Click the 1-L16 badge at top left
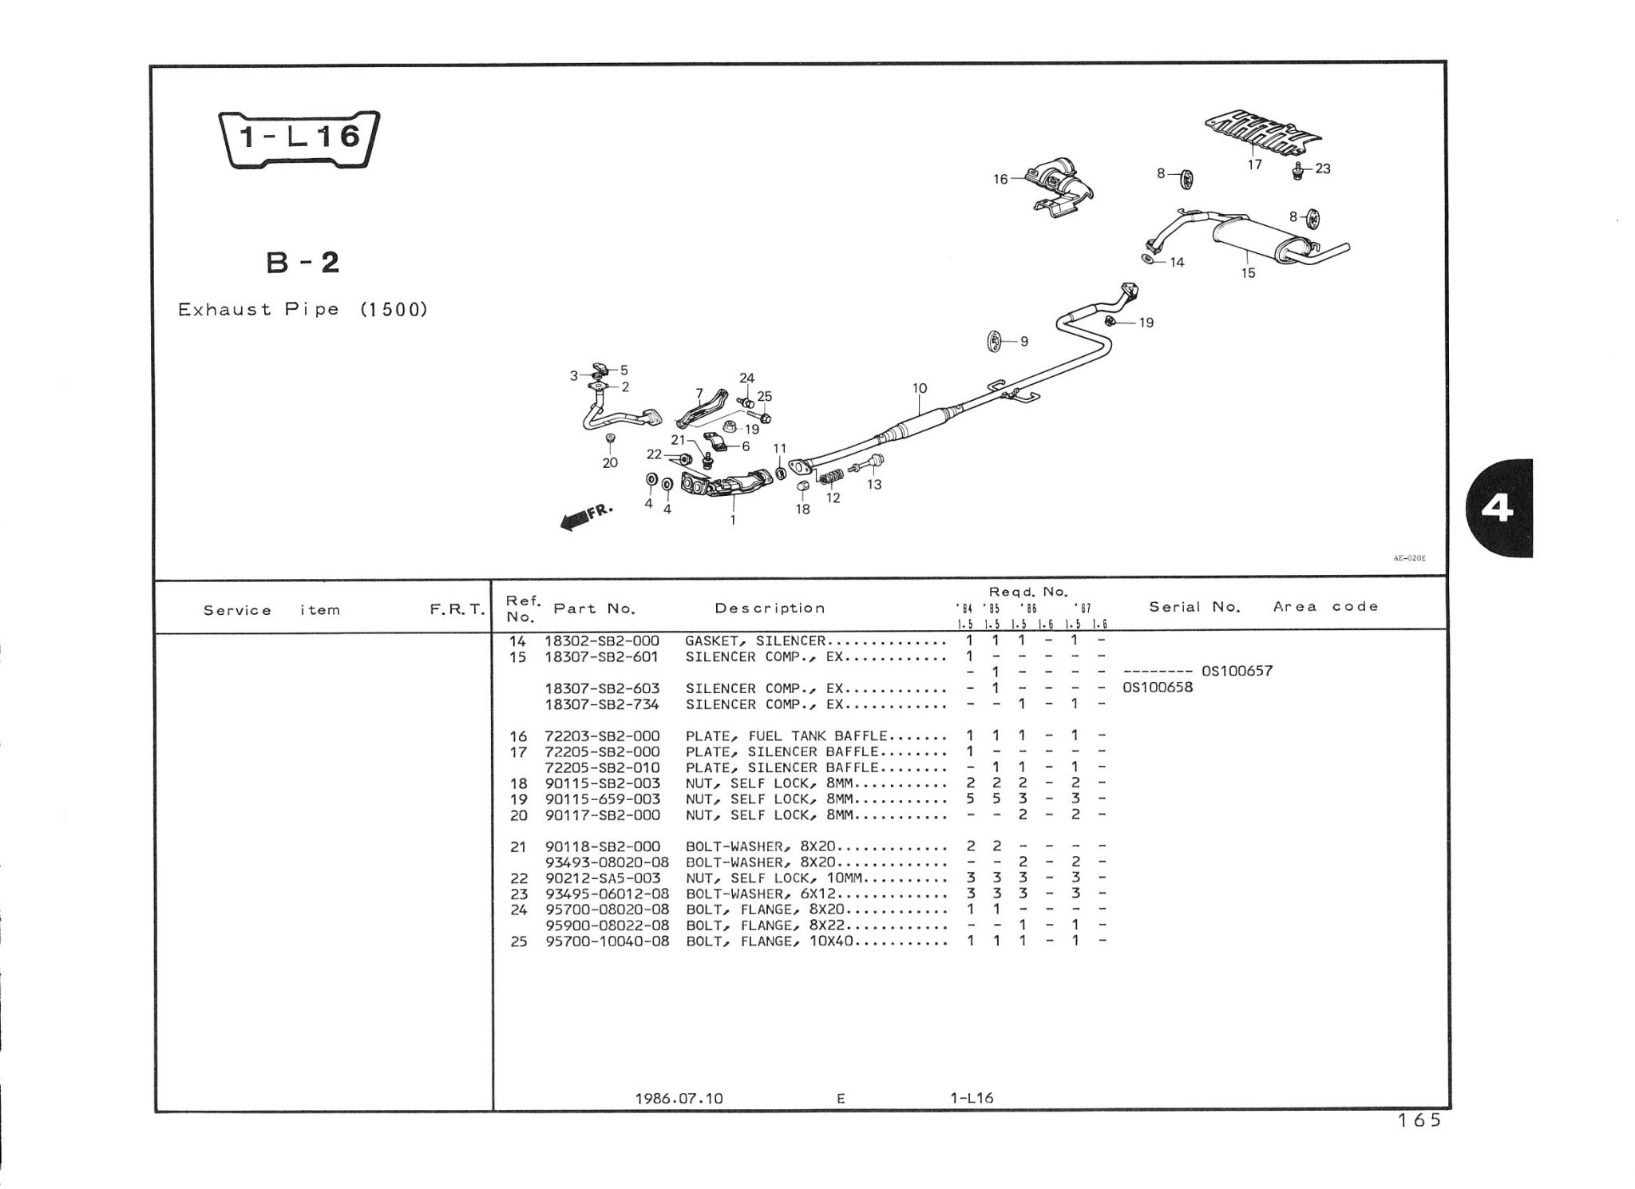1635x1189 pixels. point(299,139)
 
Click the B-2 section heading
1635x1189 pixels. point(303,263)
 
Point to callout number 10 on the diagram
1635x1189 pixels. point(920,389)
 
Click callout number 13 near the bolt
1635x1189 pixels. point(874,484)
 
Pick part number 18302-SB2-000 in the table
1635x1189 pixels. point(602,640)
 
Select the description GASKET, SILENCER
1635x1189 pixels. point(754,640)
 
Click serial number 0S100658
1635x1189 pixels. point(1158,687)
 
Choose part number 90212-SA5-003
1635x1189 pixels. point(603,878)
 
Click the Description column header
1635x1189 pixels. point(770,608)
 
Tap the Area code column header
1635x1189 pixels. point(1325,607)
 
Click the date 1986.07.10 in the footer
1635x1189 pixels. point(679,1098)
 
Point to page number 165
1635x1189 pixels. point(1419,1121)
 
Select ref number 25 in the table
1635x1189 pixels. point(519,941)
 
